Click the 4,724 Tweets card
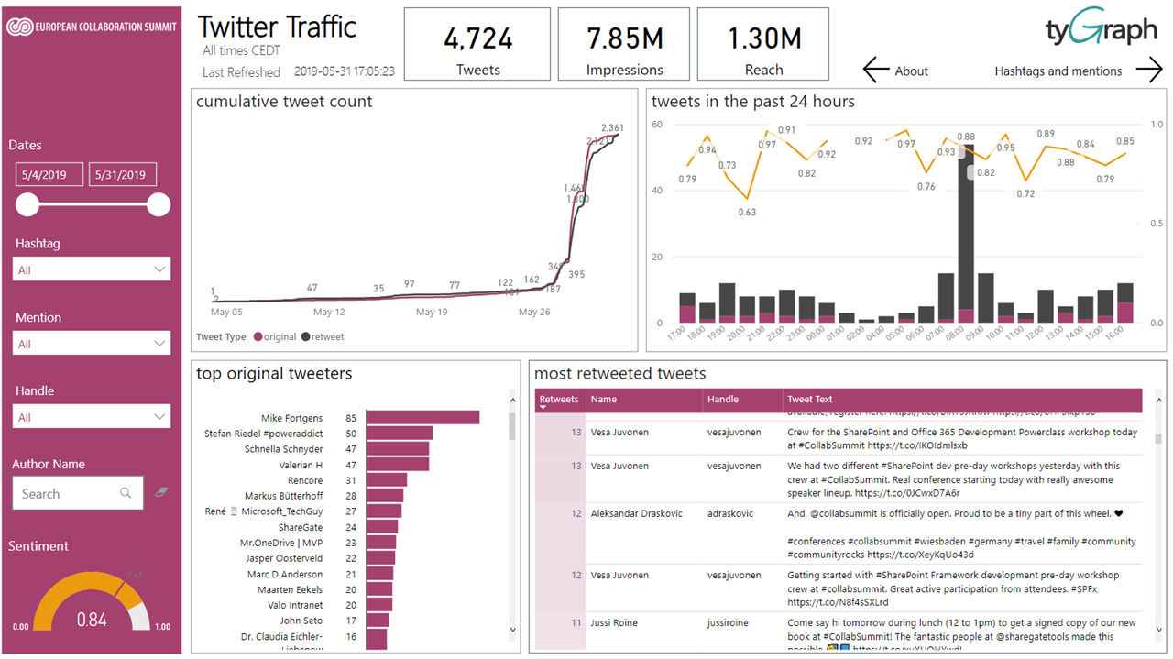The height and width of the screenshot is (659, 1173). point(477,44)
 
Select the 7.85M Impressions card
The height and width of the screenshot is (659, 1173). point(624,44)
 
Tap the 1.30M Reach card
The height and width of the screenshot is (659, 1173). point(763,44)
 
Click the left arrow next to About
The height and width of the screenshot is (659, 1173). point(876,70)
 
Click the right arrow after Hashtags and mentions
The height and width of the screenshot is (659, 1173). point(1148,70)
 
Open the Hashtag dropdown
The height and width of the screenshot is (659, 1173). point(92,269)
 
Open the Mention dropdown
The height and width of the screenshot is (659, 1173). point(92,344)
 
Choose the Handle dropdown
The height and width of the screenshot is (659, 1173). point(92,417)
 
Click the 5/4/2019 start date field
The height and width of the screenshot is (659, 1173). point(49,175)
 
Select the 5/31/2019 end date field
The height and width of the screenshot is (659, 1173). point(122,175)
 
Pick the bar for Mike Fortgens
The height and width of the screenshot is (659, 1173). point(422,418)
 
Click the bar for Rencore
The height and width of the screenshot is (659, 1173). point(386,480)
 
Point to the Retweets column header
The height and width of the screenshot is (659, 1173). point(559,400)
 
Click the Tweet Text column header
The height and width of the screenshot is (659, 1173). point(810,400)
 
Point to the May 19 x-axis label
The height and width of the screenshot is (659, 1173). point(432,312)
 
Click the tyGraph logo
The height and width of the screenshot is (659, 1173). point(1101,31)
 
